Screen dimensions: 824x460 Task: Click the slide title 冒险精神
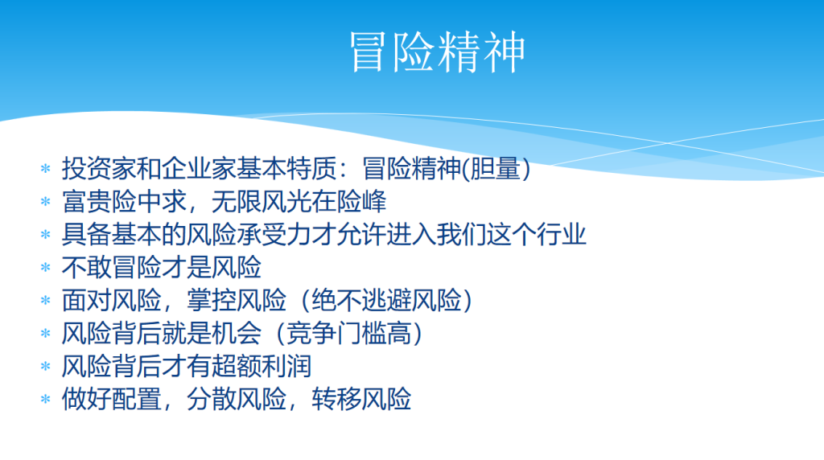[x=437, y=51]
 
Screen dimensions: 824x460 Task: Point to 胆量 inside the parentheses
[x=495, y=169]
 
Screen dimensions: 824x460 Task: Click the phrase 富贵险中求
[x=124, y=202]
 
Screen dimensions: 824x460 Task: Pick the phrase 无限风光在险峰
[x=299, y=202]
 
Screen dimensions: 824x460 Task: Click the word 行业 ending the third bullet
[x=561, y=235]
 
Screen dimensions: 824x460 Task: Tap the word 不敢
[x=87, y=267]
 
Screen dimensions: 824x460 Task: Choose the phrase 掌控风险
[x=237, y=300]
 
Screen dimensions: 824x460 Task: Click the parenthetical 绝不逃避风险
[x=386, y=300]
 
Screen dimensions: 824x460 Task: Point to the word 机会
[x=237, y=334]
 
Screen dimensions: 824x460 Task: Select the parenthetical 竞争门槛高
[x=349, y=334]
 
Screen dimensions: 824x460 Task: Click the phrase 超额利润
[x=262, y=367]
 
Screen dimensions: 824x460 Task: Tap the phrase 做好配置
[x=111, y=400]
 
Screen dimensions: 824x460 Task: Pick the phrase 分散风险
[x=237, y=400]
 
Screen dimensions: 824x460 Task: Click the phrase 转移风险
[x=361, y=400]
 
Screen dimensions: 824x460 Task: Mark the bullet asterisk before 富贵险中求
[x=46, y=202]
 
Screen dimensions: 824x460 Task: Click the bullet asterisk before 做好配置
[x=46, y=400]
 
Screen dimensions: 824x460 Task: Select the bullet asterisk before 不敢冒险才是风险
[x=46, y=268]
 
